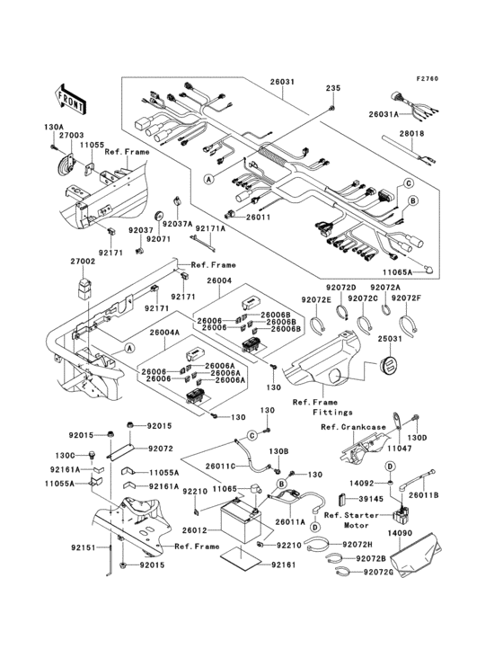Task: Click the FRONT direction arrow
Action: point(71,93)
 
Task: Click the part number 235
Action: point(333,88)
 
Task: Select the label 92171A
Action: point(210,229)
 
